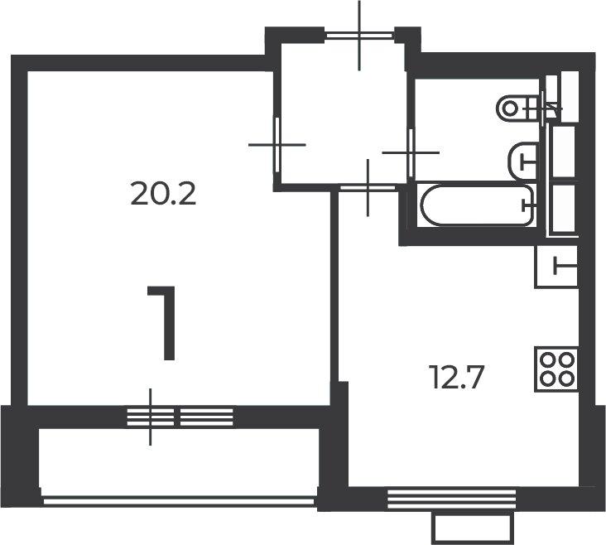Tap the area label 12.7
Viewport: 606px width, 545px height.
(x=456, y=377)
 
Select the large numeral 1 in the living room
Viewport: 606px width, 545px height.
(x=162, y=323)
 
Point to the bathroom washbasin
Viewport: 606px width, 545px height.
(x=523, y=162)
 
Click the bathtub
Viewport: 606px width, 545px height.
(x=478, y=205)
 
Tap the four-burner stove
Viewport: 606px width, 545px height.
(x=556, y=369)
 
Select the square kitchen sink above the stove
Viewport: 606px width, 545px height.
(x=556, y=267)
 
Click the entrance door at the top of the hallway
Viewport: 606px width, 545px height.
(x=359, y=36)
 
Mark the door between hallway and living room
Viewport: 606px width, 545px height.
(x=277, y=145)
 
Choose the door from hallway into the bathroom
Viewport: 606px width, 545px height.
(x=411, y=153)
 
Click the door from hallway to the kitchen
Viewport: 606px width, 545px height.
(x=368, y=188)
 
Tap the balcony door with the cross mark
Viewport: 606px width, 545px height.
(x=151, y=417)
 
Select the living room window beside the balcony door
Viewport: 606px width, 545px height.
(x=207, y=417)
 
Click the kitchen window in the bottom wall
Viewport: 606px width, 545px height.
(x=451, y=499)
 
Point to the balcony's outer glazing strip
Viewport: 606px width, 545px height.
(x=179, y=501)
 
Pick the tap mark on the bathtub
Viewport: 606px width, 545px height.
(x=527, y=205)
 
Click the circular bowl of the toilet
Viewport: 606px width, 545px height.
(x=510, y=108)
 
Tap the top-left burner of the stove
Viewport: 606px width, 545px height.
(x=547, y=360)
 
